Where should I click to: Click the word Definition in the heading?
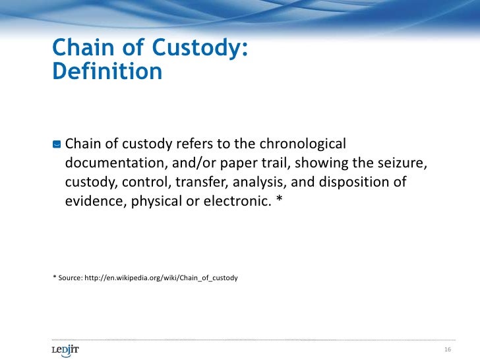click(x=106, y=71)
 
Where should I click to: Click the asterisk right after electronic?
click(x=278, y=200)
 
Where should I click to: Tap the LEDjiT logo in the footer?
click(x=65, y=349)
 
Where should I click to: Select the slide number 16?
click(x=448, y=349)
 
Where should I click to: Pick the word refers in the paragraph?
click(x=195, y=144)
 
